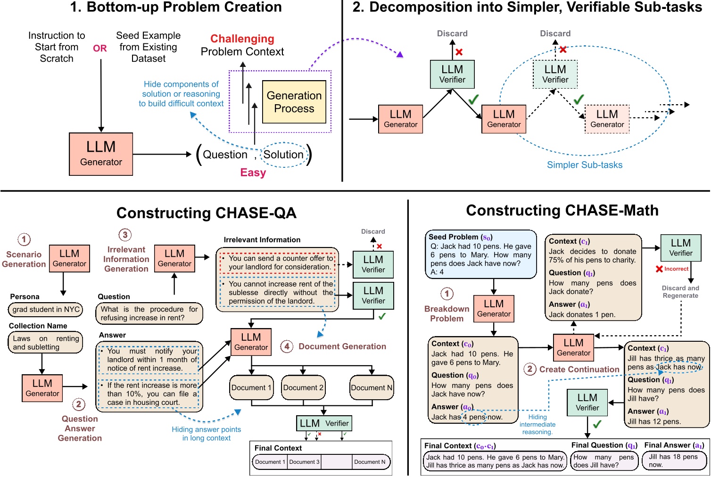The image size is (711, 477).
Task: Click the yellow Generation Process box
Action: click(294, 102)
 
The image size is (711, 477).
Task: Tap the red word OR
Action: click(100, 48)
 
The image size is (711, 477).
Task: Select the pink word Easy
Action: click(253, 173)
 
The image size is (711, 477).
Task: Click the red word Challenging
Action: click(242, 39)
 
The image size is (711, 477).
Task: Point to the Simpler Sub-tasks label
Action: click(584, 165)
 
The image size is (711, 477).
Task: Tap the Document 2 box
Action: click(303, 387)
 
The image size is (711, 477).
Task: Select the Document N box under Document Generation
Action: click(372, 387)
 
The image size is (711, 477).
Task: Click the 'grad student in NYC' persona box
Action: click(46, 310)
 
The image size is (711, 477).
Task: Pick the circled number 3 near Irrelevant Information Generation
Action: click(125, 235)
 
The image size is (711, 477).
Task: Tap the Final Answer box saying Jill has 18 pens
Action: click(674, 461)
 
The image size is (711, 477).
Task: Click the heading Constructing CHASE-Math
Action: click(562, 210)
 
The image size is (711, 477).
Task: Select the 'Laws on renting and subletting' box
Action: click(46, 343)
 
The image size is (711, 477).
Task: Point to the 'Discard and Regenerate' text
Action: click(680, 292)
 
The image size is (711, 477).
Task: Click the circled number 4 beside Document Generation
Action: click(287, 346)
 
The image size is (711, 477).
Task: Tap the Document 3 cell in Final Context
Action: click(304, 462)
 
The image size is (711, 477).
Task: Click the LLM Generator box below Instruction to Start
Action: click(101, 154)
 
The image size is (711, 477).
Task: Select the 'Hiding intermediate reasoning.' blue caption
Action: click(537, 424)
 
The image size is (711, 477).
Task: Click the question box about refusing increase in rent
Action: click(149, 313)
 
